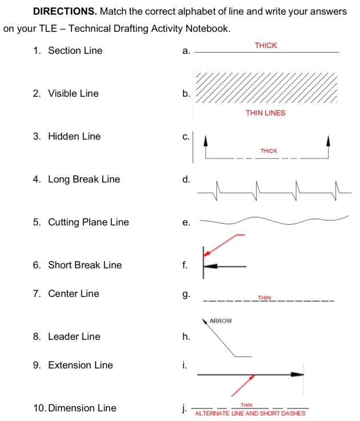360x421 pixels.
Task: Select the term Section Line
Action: click(x=75, y=50)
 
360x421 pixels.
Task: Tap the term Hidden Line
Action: click(x=74, y=136)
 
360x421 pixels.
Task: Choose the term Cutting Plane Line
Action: click(x=89, y=222)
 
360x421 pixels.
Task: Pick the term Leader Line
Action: click(x=74, y=336)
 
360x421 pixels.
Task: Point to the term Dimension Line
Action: click(x=82, y=408)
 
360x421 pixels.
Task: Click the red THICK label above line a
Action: click(x=266, y=45)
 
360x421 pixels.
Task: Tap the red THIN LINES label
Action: click(x=265, y=113)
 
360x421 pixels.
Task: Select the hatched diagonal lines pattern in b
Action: click(x=266, y=88)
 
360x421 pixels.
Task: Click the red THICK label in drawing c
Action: click(x=269, y=151)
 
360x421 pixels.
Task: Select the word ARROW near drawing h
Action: click(x=221, y=321)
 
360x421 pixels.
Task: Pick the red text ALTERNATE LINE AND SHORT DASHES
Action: click(x=250, y=412)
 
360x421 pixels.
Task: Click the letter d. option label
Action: click(x=185, y=180)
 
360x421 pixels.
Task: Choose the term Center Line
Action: click(x=74, y=293)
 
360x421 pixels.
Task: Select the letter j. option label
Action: click(x=184, y=408)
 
